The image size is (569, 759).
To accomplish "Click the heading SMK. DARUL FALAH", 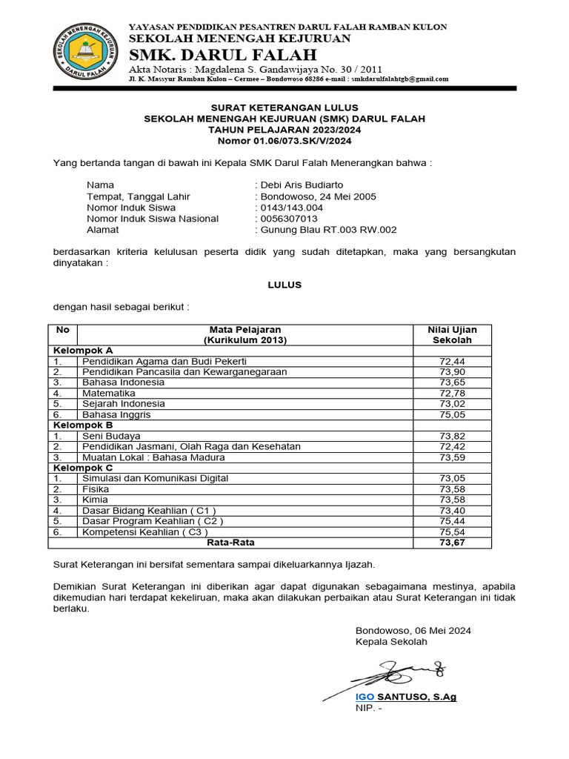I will point(222,55).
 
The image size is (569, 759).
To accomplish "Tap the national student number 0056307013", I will point(288,219).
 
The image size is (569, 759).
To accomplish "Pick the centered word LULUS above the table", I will point(284,285).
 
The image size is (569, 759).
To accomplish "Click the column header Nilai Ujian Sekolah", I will point(452,335).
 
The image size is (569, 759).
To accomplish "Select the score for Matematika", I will point(452,393).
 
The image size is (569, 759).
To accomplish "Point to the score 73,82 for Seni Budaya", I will point(452,437).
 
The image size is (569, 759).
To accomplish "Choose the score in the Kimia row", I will point(452,500).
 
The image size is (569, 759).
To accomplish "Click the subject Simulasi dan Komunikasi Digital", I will point(156,479).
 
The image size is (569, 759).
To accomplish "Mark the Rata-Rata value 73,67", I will point(452,543).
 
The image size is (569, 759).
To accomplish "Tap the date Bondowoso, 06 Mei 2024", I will point(413,631).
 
